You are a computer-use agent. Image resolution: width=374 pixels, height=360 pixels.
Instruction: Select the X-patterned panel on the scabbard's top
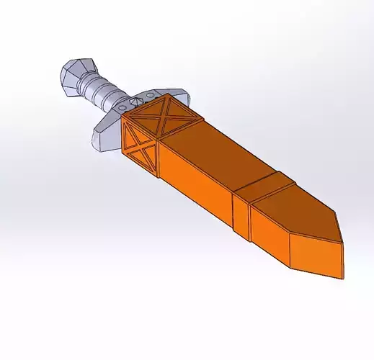164,116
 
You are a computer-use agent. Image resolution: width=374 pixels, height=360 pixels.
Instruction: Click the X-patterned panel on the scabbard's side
141,145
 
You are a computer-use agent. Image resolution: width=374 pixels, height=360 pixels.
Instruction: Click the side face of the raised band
241,213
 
